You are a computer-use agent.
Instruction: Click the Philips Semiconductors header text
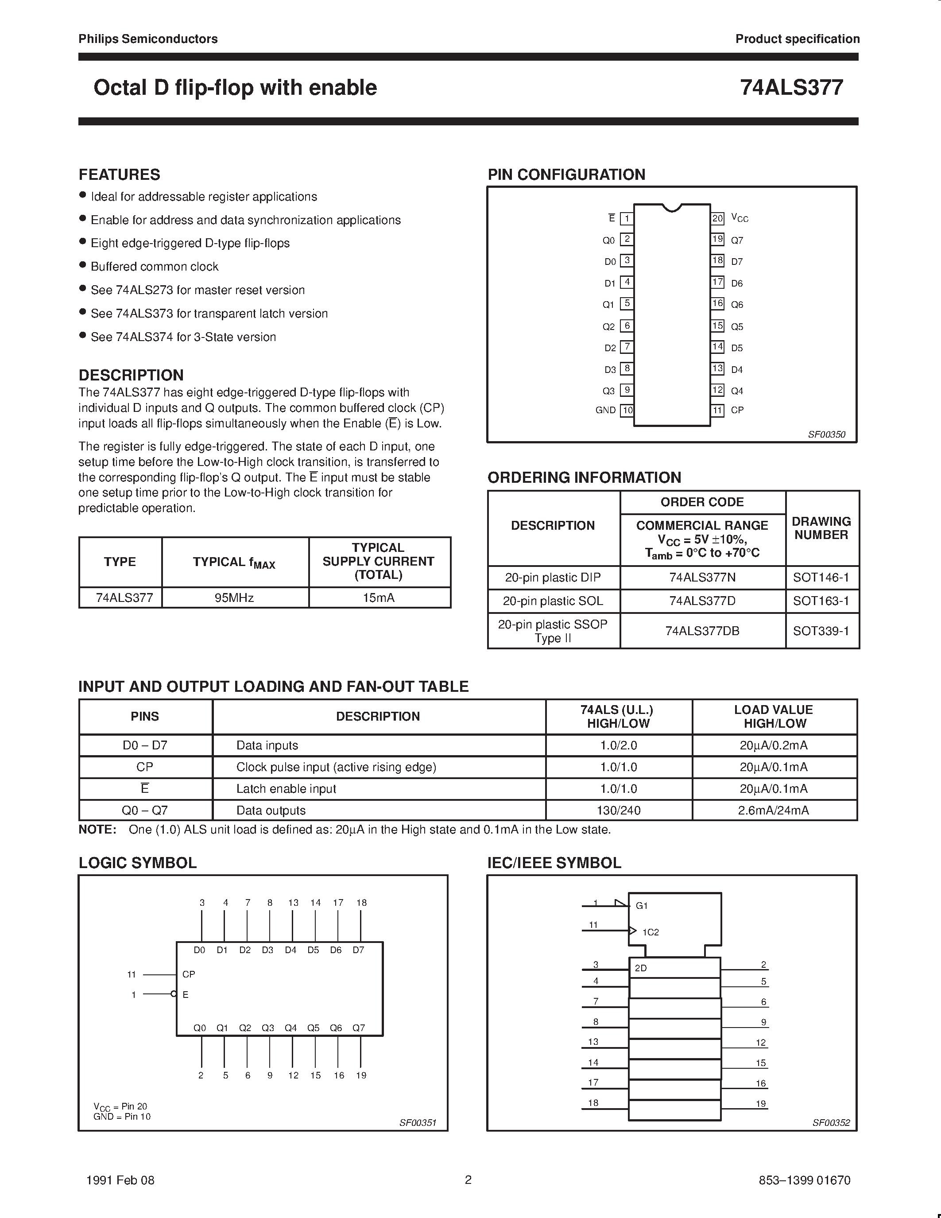pyautogui.click(x=148, y=39)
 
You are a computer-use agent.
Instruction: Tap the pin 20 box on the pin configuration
pyautogui.click(x=717, y=218)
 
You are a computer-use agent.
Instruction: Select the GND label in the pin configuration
pyautogui.click(x=605, y=410)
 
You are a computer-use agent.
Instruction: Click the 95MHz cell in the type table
pyautogui.click(x=234, y=598)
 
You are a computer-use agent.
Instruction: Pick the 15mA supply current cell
pyautogui.click(x=379, y=598)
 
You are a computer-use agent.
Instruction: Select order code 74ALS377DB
pyautogui.click(x=702, y=631)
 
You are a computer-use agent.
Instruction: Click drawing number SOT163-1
pyautogui.click(x=821, y=601)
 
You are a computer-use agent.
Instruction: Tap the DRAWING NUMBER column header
pyautogui.click(x=821, y=528)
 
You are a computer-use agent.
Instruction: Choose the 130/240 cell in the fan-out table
pyautogui.click(x=618, y=811)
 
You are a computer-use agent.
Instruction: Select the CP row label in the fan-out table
pyautogui.click(x=144, y=767)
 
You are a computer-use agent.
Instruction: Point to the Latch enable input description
pyautogui.click(x=286, y=788)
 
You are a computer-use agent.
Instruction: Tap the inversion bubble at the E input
pyautogui.click(x=174, y=994)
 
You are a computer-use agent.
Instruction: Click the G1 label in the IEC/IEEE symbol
pyautogui.click(x=642, y=906)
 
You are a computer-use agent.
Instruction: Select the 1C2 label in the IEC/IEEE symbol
pyautogui.click(x=651, y=932)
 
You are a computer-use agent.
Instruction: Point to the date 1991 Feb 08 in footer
pyautogui.click(x=120, y=1180)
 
